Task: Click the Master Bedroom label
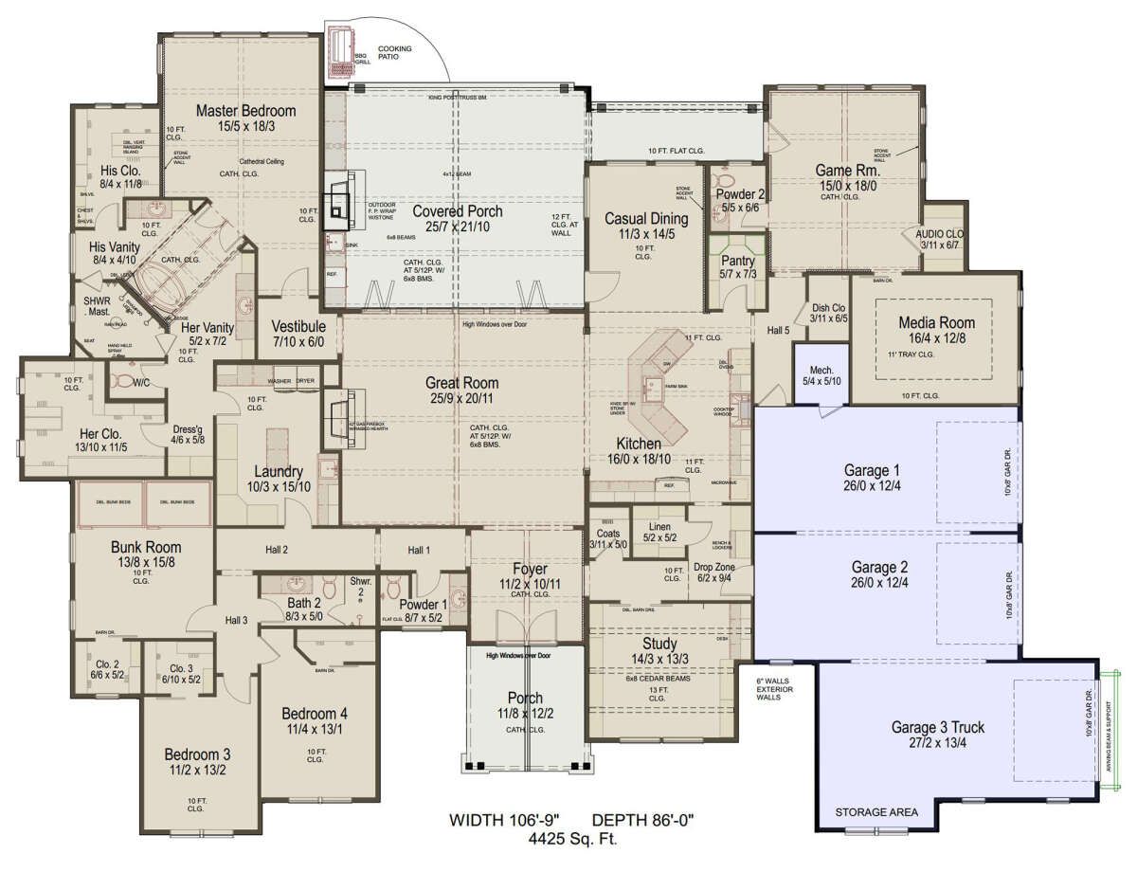pyautogui.click(x=245, y=111)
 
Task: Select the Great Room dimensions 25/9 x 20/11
pyautogui.click(x=462, y=399)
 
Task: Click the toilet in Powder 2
pyautogui.click(x=725, y=180)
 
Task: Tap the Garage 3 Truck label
pyautogui.click(x=937, y=728)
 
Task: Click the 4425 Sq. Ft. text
pyautogui.click(x=567, y=837)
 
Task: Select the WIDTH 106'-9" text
pyautogui.click(x=502, y=820)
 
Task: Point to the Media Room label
pyautogui.click(x=936, y=323)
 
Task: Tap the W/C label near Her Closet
pyautogui.click(x=142, y=383)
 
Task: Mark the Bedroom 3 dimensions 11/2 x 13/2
pyautogui.click(x=197, y=771)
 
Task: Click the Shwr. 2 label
pyautogui.click(x=360, y=584)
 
